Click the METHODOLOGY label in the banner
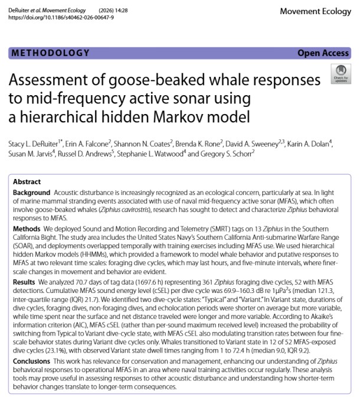pos(50,53)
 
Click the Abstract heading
pos(27,181)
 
